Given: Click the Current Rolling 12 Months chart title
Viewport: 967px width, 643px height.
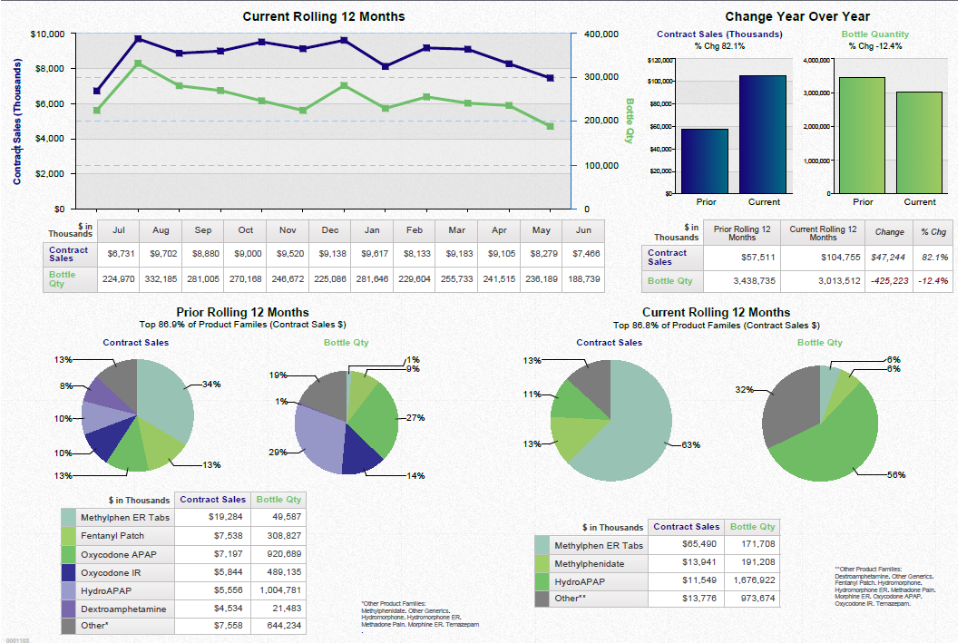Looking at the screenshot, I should (x=324, y=16).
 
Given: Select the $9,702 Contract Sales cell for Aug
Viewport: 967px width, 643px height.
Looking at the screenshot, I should (x=161, y=255).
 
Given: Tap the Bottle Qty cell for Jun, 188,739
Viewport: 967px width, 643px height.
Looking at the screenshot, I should (x=583, y=279).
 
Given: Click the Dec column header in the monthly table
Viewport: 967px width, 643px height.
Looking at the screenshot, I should (x=330, y=230).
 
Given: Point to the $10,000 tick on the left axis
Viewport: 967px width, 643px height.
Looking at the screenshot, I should (x=46, y=34).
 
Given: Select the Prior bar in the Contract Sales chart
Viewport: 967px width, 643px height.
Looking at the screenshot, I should (x=705, y=161).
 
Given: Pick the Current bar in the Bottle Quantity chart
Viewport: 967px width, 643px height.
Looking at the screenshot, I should (x=919, y=142).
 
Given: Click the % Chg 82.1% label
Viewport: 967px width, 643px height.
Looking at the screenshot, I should (x=719, y=46).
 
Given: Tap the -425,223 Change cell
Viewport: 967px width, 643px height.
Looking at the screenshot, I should (x=889, y=281).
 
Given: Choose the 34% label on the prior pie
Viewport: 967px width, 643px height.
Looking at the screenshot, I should (x=211, y=385).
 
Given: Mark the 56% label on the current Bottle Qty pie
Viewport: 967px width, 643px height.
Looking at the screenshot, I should (x=895, y=475).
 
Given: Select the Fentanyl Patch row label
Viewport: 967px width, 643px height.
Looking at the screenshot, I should (x=112, y=536).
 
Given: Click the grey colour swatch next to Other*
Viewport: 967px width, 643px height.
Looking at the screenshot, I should (x=69, y=625).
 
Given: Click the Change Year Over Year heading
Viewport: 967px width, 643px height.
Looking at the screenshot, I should (x=797, y=16).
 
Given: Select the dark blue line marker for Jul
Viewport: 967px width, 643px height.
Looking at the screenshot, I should (x=97, y=91).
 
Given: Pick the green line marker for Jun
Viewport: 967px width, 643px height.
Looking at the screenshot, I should (x=550, y=126).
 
